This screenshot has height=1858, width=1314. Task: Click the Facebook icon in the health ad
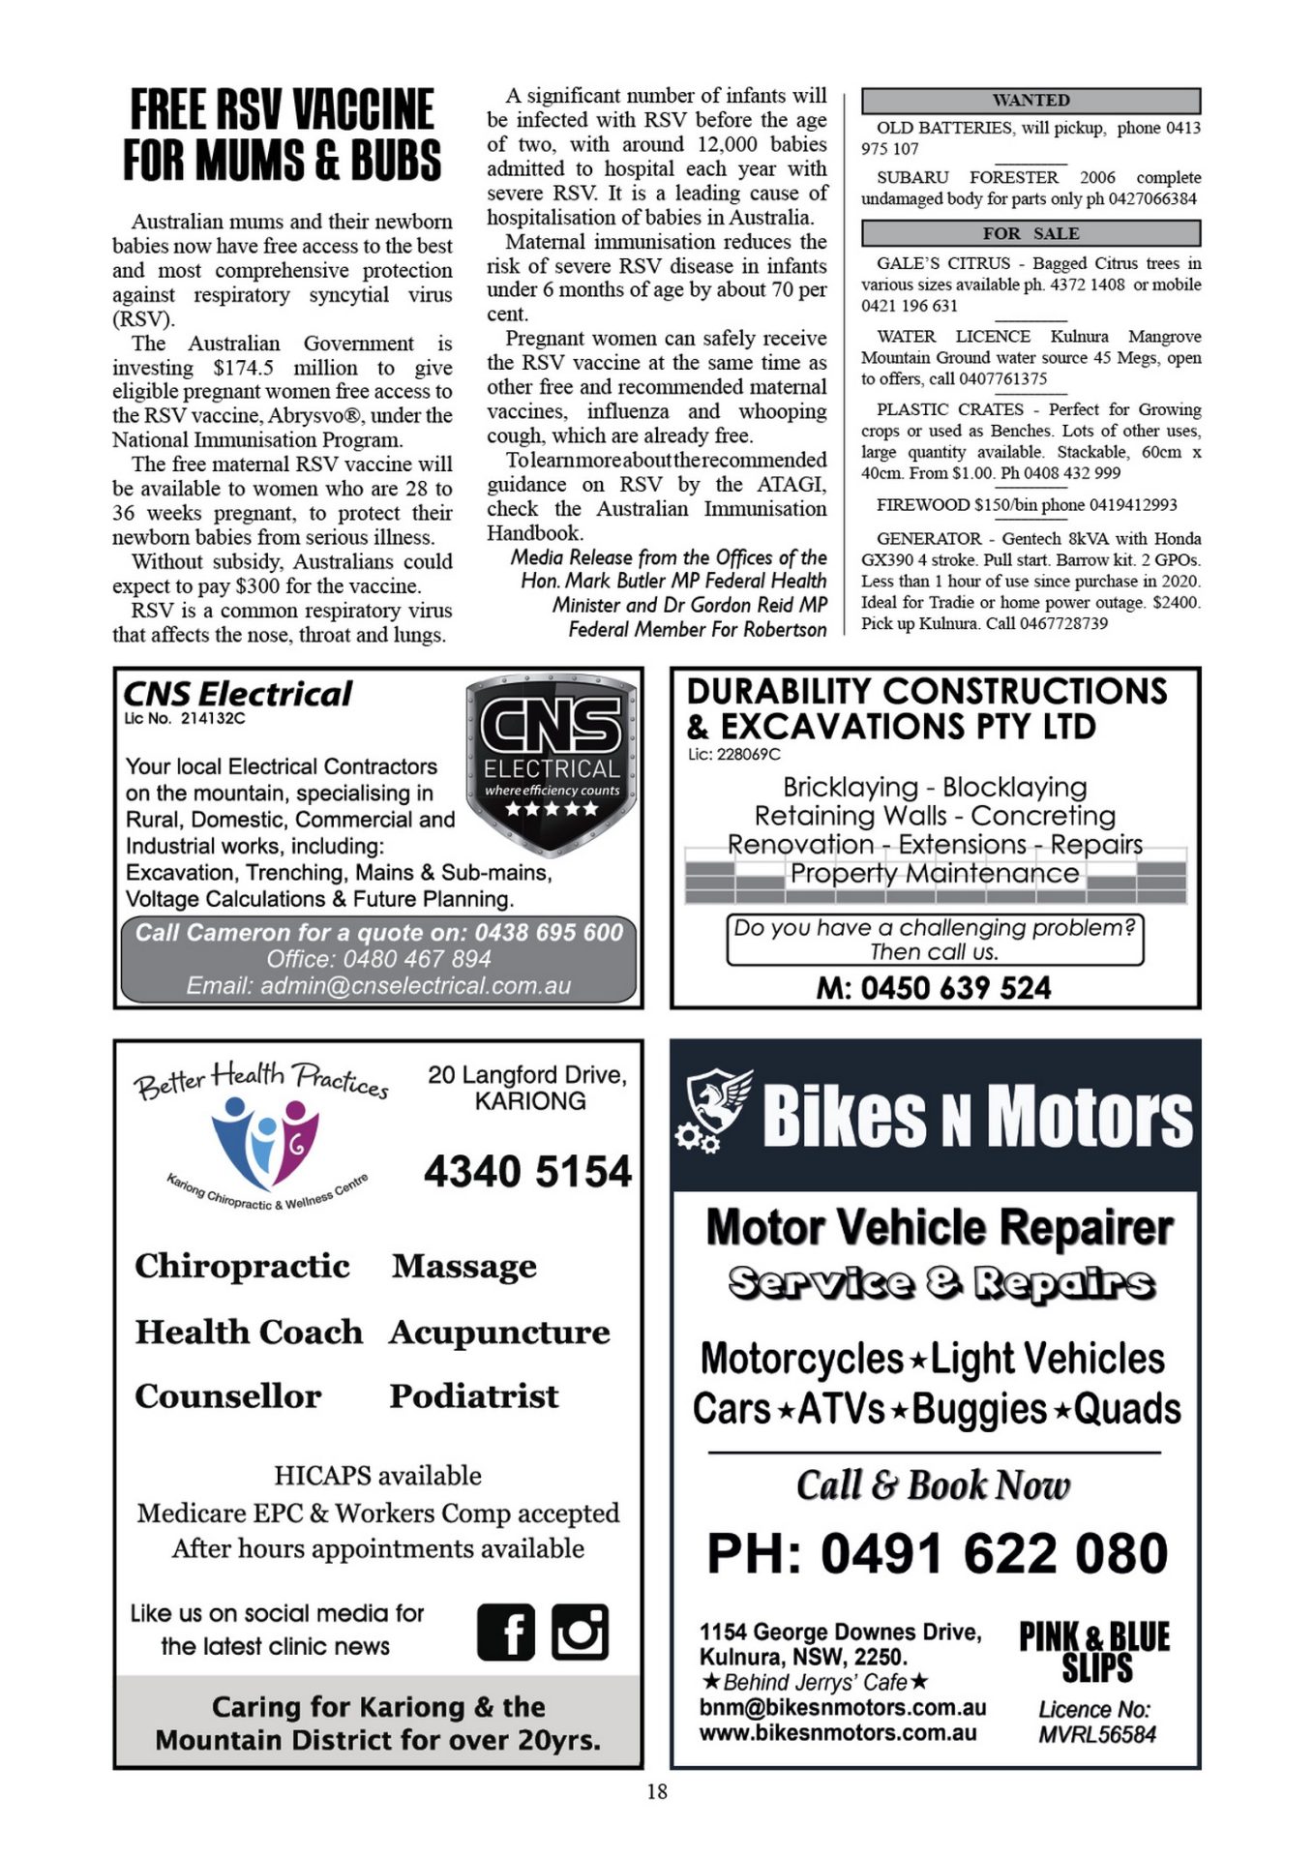coord(505,1632)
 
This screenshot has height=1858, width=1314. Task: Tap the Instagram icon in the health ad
coord(580,1632)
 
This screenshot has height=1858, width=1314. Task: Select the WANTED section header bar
coord(1030,101)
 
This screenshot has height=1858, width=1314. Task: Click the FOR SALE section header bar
coord(1030,233)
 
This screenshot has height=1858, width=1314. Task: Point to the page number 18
coord(657,1791)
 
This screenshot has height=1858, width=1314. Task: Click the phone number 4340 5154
coord(527,1172)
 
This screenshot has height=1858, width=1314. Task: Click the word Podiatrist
coord(474,1396)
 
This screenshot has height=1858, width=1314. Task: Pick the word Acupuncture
coord(499,1333)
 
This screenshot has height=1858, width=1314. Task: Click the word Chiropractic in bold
coord(242,1267)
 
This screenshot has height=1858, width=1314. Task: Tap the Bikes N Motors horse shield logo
coord(715,1109)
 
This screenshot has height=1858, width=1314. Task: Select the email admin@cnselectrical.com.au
coord(378,986)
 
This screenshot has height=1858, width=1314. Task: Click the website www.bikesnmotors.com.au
coord(838,1733)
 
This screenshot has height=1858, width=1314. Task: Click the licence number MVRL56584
coord(1097,1735)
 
